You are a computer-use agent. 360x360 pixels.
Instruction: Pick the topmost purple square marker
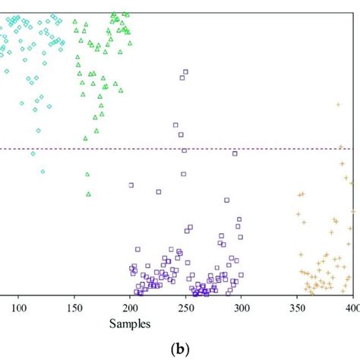tap(186, 72)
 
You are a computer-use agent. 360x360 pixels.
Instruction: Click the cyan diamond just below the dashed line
tap(33, 153)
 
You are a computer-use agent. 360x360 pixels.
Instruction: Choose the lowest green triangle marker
tap(89, 194)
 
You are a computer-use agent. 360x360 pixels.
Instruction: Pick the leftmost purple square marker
tap(131, 185)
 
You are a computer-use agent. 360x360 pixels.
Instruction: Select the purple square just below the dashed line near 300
tap(234, 154)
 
